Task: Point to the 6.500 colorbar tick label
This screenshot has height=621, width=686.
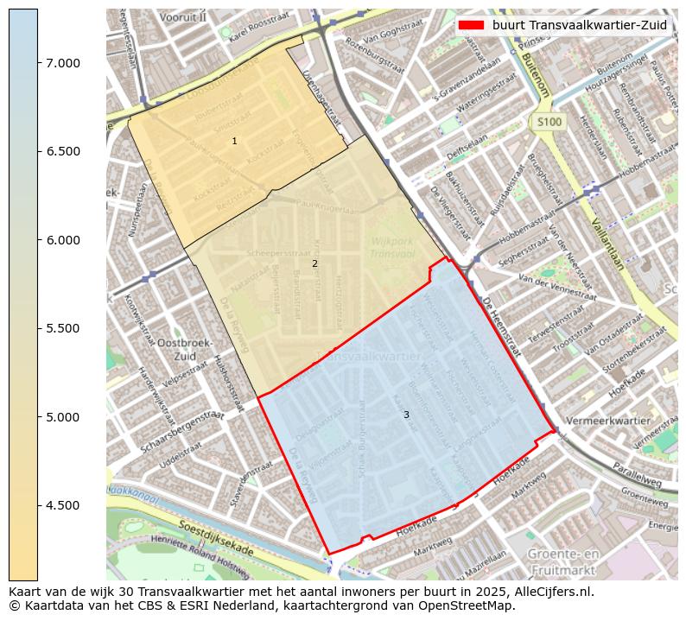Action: [x=63, y=151]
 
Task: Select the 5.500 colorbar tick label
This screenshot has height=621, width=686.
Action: [x=63, y=328]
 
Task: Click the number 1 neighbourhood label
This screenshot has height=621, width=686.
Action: [x=234, y=141]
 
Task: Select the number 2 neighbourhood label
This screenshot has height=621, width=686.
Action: [x=314, y=263]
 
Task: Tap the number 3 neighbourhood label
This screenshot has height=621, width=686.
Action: [x=406, y=415]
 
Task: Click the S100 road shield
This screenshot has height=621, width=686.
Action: [x=549, y=123]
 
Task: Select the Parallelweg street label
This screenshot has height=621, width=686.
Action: [x=638, y=478]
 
